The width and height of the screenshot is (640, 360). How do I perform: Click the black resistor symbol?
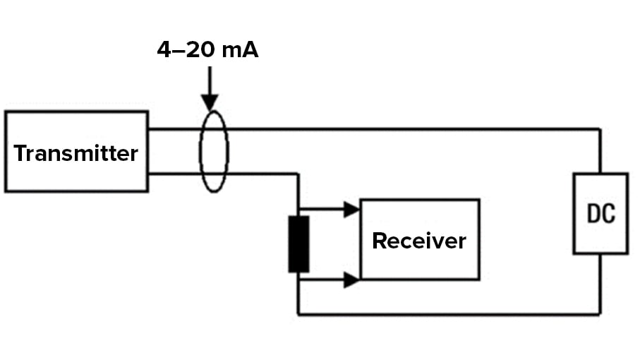coord(298,244)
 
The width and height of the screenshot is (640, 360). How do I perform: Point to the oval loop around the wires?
coord(214,151)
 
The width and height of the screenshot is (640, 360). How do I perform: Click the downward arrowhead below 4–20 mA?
coord(210,102)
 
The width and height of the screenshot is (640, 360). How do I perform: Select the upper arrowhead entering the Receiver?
coord(351,209)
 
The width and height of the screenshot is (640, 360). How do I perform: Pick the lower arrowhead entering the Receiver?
coord(351,280)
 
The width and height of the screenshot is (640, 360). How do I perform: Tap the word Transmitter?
coord(76,153)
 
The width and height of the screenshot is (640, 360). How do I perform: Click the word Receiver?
coord(419,241)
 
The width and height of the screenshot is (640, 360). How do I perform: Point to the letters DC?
coord(600,214)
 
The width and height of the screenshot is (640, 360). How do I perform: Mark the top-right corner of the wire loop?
coord(600,129)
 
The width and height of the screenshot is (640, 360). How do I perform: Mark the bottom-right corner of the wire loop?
coord(600,314)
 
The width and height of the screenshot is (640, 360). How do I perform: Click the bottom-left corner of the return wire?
coord(298,314)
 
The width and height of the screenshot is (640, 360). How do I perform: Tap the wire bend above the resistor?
coord(298,173)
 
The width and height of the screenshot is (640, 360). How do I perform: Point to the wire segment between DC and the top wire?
coord(600,151)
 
